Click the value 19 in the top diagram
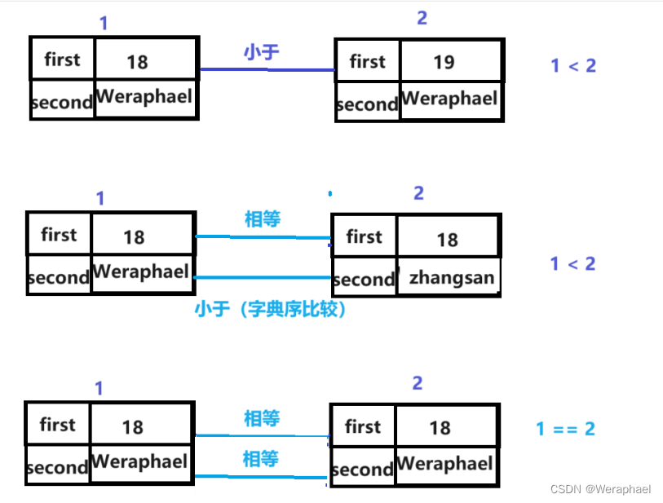[x=444, y=62]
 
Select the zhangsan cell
[x=451, y=278]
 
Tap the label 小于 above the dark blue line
[x=261, y=53]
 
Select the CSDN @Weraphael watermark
[x=600, y=489]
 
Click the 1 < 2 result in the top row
[x=573, y=66]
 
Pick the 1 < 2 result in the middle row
[x=573, y=264]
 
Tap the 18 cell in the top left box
[x=138, y=61]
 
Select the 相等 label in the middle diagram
[x=263, y=219]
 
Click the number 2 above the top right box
[x=422, y=19]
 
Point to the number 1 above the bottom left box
[x=99, y=389]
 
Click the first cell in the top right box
[x=367, y=61]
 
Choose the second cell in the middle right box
[x=364, y=280]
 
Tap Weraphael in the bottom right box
[x=444, y=465]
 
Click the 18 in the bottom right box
[x=440, y=427]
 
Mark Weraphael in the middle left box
[x=140, y=271]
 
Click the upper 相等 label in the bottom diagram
[x=262, y=419]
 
